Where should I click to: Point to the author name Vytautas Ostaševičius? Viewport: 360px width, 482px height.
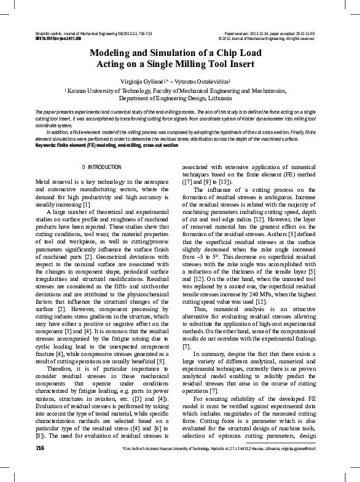[x=206, y=80]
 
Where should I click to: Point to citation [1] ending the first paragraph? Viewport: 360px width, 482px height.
[x=87, y=204]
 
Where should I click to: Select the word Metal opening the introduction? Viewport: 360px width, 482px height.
[x=44, y=183]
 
